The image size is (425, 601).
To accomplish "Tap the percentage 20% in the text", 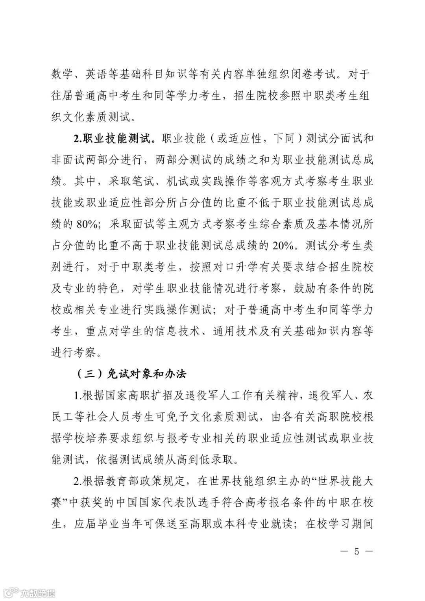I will (283, 246).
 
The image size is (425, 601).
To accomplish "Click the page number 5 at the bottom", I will (357, 551).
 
